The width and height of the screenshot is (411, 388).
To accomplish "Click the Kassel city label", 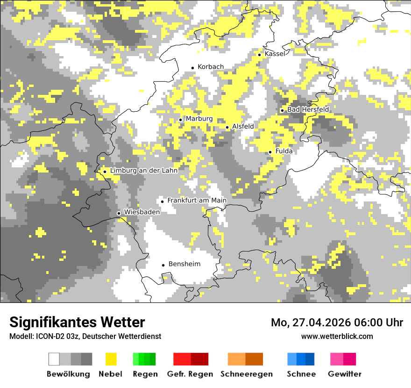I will tap(275, 54).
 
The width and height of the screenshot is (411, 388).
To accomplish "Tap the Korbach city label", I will tap(211, 67).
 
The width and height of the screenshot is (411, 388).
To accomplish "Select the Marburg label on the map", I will tap(199, 119).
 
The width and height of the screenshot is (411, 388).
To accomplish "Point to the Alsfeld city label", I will tap(243, 126).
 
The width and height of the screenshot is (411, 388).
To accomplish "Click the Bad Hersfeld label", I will tap(308, 109).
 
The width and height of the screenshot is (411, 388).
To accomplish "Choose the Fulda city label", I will tap(284, 151).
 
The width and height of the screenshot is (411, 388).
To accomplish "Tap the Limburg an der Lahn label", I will tap(144, 171).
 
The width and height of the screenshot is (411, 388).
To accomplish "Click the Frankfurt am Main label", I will tap(197, 201).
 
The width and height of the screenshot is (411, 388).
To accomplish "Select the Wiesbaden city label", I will tap(142, 212).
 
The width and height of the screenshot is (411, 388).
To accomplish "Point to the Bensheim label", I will tap(184, 264).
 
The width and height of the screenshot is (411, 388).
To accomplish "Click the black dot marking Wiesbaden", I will tap(119, 213).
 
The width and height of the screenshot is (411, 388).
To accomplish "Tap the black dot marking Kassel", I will tap(260, 55).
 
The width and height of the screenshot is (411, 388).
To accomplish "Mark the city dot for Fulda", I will tap(270, 152).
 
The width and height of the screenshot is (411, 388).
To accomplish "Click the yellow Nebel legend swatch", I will tap(111, 359).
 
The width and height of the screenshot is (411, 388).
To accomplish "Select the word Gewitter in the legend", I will tap(345, 374).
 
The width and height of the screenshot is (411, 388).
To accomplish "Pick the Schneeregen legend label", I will tap(247, 374).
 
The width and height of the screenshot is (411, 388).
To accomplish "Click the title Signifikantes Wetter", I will tap(77, 322).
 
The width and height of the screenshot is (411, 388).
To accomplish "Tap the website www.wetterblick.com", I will tap(337, 336).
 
